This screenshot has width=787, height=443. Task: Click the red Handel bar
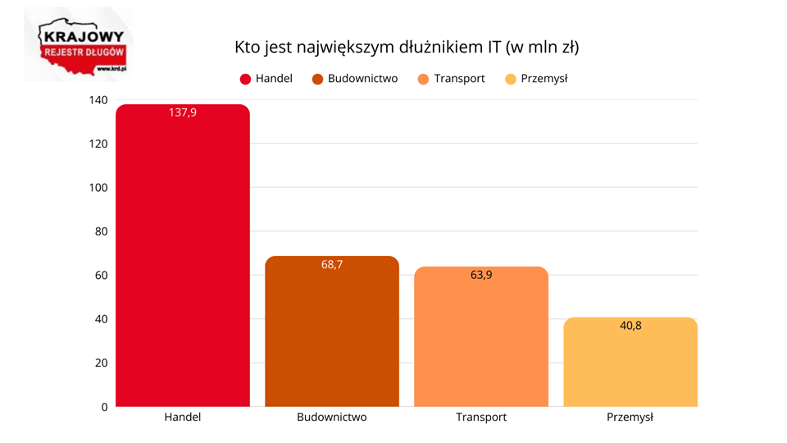coord(182,263)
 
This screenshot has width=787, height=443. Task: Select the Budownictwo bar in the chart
coord(332,336)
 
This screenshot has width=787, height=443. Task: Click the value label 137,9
coord(182,112)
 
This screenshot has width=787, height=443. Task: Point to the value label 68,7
coord(332,264)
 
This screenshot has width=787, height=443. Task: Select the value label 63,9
coord(481,275)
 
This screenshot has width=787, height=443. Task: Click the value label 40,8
coord(630,326)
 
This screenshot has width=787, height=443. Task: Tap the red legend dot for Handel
coord(245,80)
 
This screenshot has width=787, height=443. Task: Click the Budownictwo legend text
coord(362,79)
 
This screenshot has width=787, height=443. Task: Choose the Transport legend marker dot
coord(423,80)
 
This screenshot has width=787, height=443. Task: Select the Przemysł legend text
coord(544,79)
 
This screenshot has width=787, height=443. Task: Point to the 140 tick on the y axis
coord(98,100)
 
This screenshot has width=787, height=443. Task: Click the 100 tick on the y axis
coord(98,188)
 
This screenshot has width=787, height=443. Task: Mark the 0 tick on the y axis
coord(104,407)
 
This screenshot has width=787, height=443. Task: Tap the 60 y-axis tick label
coord(100,276)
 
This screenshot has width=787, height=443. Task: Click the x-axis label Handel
coord(182,417)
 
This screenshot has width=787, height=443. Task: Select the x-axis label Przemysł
coord(630,417)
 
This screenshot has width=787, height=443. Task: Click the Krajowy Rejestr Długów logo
coord(81,46)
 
